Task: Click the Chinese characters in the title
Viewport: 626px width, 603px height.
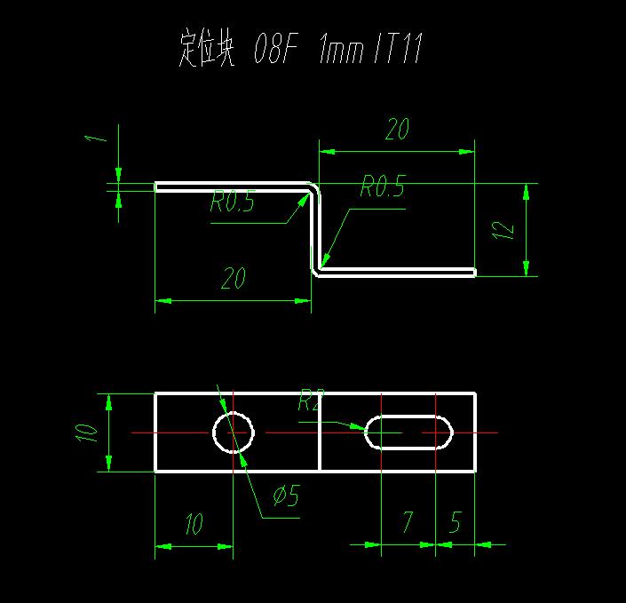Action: [x=206, y=52]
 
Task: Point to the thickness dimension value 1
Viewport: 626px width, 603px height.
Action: [x=99, y=135]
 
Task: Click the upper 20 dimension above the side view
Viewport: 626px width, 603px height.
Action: [x=397, y=130]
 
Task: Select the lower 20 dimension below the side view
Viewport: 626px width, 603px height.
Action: [x=233, y=279]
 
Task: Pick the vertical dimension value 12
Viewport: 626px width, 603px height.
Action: [x=503, y=229]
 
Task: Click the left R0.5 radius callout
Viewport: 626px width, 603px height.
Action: [x=233, y=203]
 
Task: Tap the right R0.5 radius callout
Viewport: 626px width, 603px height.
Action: [x=383, y=186]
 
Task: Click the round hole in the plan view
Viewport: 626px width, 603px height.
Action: [x=234, y=432]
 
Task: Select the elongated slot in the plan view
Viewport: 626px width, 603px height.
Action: [x=409, y=432]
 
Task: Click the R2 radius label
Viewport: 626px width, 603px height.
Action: [x=310, y=402]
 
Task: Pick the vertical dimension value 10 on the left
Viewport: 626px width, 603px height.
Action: [x=86, y=432]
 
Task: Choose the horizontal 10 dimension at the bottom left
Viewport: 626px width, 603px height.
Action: [x=194, y=524]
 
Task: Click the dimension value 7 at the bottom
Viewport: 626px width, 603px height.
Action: [x=408, y=522]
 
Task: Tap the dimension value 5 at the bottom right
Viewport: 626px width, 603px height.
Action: [x=455, y=522]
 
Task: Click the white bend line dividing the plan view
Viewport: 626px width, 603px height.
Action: [x=320, y=432]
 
